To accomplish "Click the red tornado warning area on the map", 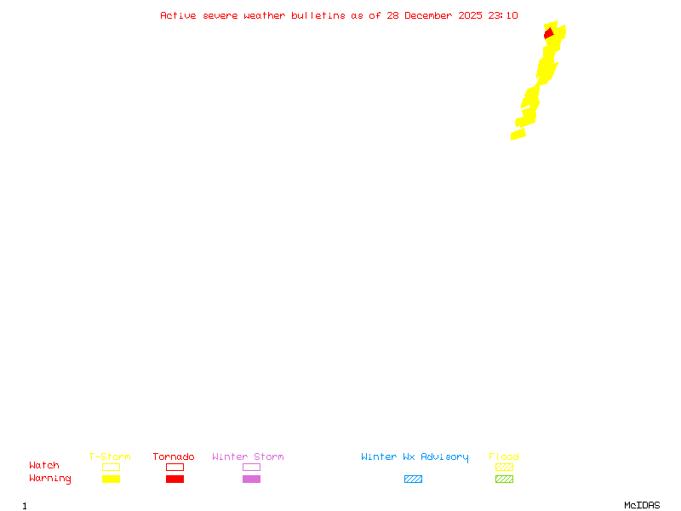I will [x=549, y=33].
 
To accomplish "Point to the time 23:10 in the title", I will [x=503, y=15].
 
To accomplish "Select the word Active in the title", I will [x=179, y=15].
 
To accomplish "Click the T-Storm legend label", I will [x=110, y=457].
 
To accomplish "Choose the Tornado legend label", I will [x=174, y=457].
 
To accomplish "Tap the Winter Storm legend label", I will [x=248, y=457].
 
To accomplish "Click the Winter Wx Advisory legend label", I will [x=415, y=457].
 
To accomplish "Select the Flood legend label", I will [x=504, y=457].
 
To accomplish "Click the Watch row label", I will [x=44, y=466].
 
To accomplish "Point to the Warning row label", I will [x=50, y=479].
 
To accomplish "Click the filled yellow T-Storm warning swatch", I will [x=111, y=479].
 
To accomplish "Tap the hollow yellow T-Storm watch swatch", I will [x=111, y=467].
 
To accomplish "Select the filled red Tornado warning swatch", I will [x=175, y=479].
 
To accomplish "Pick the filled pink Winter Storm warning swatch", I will [x=251, y=479].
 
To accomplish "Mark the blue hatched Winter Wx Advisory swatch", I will [x=413, y=479].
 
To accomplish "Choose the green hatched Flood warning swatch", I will [x=504, y=479].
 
